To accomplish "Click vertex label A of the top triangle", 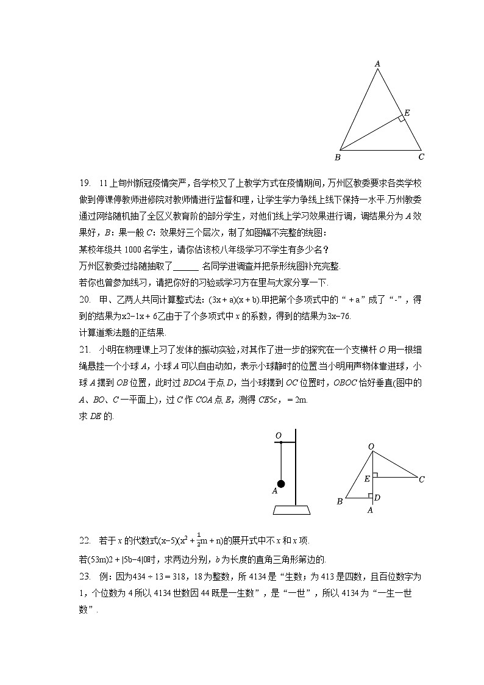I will (377, 63).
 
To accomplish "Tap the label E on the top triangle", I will (407, 113).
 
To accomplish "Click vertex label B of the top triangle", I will (338, 157).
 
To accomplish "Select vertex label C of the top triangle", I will (421, 157).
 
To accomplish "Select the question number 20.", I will (85, 299).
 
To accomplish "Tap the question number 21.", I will (85, 350).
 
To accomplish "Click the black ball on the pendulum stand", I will (281, 484).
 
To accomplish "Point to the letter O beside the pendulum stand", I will (278, 436).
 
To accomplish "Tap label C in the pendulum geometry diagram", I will (421, 479).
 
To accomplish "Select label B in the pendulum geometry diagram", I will (340, 501).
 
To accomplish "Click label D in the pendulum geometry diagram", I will (377, 498).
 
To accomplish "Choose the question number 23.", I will (85, 576).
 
